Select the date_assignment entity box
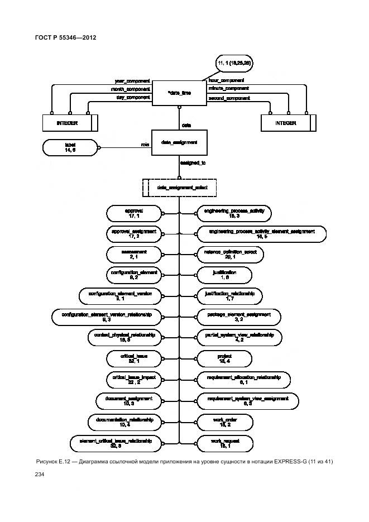pyautogui.click(x=179, y=143)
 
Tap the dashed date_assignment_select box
pyautogui.click(x=179, y=188)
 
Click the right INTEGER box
pyautogui.click(x=288, y=122)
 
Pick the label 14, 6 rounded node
pyautogui.click(x=70, y=147)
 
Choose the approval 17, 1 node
pyautogui.click(x=134, y=213)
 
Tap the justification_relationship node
pyautogui.click(x=230, y=296)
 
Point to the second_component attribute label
pyautogui.click(x=229, y=98)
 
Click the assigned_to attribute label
pyautogui.click(x=193, y=163)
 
